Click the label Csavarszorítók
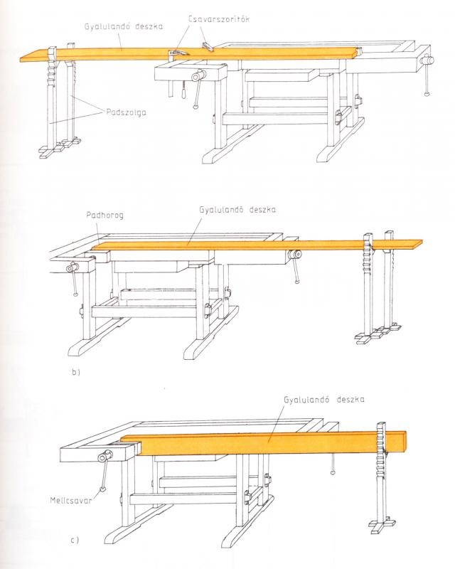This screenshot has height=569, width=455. [218, 19]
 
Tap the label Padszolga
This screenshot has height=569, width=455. [127, 112]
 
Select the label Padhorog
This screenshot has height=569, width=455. [105, 216]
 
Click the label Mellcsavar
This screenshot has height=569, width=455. [71, 501]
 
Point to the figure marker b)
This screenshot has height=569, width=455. [76, 372]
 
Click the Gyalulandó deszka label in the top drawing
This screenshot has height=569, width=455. [124, 27]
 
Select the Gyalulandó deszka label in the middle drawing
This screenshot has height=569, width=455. [237, 210]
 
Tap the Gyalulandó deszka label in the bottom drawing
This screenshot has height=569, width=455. [324, 400]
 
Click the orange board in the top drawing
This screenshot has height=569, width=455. [188, 54]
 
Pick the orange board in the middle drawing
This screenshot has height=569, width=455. [254, 245]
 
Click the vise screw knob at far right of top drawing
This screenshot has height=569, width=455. [428, 59]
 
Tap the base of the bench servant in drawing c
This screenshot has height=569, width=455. [382, 522]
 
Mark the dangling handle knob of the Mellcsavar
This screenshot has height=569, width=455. [102, 489]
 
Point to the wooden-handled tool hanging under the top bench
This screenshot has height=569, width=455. [183, 90]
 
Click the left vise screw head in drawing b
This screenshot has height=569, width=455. [72, 268]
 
